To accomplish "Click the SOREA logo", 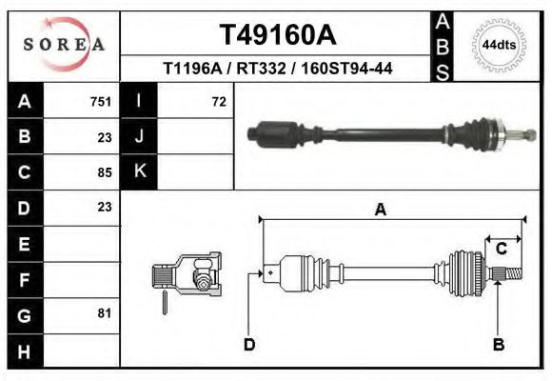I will pos(63,44).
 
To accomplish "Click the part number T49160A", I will pos(277,35).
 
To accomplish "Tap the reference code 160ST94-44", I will pos(346,70).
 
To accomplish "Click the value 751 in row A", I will pos(101,101).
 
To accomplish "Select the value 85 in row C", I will pos(105,172).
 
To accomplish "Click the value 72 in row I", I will pos(218,101).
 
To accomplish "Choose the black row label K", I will pos(140,171).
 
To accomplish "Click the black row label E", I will pos(24,244).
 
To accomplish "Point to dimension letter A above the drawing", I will pos(381,211).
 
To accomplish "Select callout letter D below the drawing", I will pos(249,344).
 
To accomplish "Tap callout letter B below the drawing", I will pos(498,344).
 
